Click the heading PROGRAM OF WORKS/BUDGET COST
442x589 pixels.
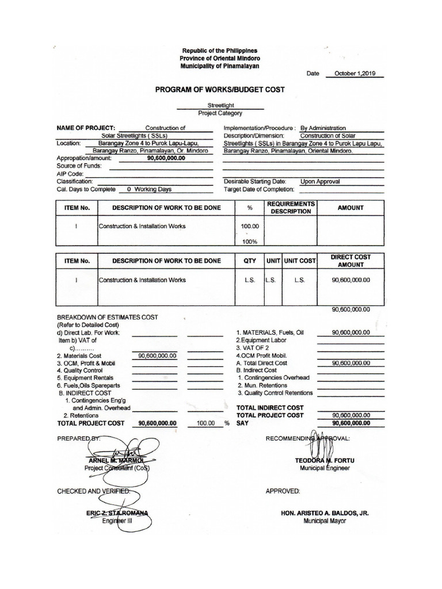219,90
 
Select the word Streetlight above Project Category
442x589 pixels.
219,106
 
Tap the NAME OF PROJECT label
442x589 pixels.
86,128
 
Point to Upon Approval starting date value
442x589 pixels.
320,181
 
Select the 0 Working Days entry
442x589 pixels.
149,189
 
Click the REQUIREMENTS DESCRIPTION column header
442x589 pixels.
291,208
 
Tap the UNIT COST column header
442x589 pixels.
300,261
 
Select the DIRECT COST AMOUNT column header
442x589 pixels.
350,261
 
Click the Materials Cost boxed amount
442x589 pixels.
155,356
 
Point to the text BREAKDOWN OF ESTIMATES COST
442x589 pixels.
108,317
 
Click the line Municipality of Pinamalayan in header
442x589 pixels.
219,66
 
